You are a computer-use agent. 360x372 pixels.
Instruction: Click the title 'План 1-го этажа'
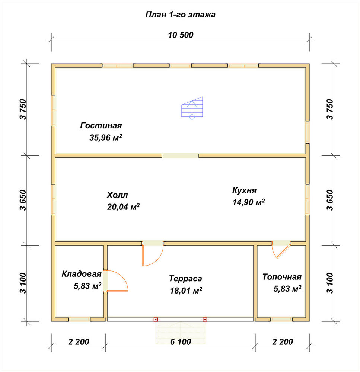(180, 15)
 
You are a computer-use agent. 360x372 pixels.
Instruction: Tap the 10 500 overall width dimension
(181, 35)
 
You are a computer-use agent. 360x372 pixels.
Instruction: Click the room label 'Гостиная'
(101, 125)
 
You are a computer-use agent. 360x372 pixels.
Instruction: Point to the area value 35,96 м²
(106, 137)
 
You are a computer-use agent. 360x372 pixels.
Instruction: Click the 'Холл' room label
(117, 195)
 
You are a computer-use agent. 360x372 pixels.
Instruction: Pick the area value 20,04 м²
(123, 206)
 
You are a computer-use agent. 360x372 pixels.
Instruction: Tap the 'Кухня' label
(244, 190)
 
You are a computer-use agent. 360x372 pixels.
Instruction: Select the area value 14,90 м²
(249, 202)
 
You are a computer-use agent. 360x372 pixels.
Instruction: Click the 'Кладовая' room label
(82, 274)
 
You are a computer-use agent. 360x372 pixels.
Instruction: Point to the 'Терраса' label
(185, 279)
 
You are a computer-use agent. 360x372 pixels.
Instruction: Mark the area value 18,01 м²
(186, 291)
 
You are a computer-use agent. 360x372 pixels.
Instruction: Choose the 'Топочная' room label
(282, 277)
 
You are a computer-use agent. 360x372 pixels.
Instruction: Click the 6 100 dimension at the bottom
(181, 342)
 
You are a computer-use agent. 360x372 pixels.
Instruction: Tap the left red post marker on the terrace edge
(156, 320)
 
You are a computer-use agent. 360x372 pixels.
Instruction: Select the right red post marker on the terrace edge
(205, 320)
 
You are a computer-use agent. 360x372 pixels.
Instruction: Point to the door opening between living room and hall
(181, 155)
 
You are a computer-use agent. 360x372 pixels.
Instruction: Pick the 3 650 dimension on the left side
(24, 200)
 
